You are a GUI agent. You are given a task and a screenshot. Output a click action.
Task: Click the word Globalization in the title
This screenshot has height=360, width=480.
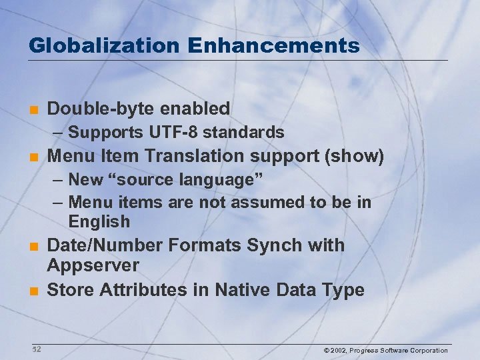(104, 45)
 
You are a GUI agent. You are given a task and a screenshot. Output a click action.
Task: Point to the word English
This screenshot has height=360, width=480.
(99, 221)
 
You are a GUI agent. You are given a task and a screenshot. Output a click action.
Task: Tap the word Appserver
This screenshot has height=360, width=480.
(93, 265)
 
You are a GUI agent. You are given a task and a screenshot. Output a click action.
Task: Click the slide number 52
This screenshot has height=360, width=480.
(36, 349)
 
